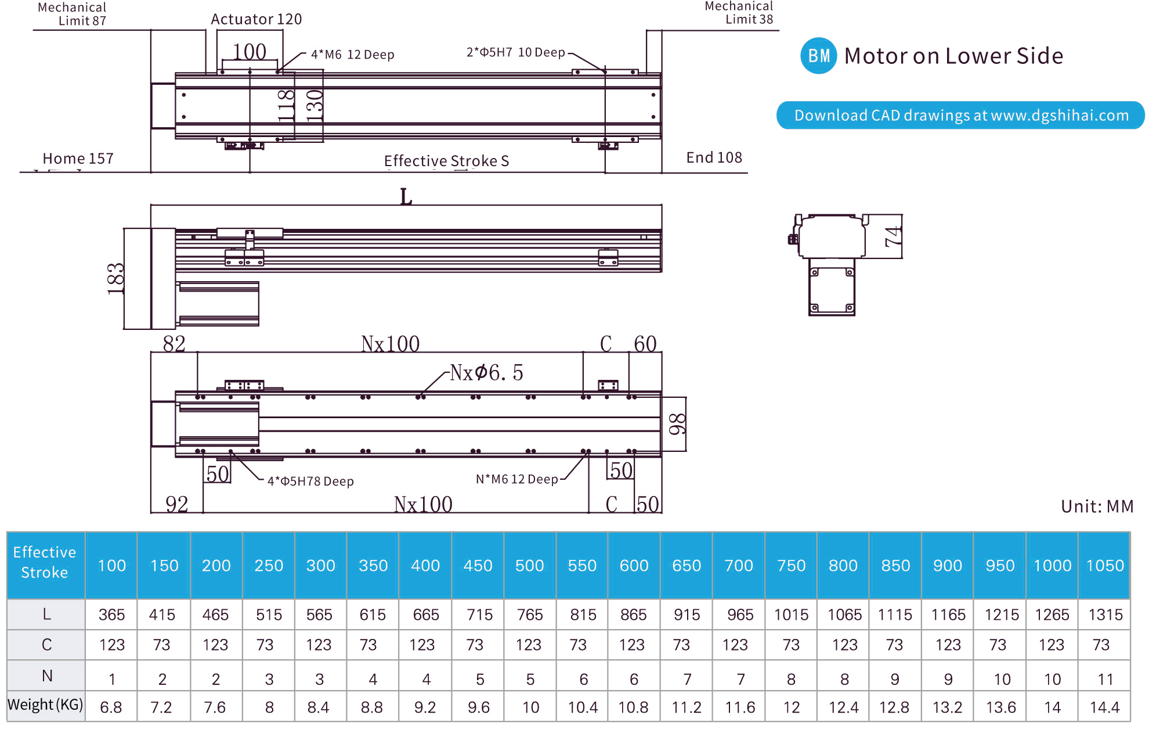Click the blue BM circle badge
(x=818, y=56)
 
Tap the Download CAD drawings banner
(x=960, y=115)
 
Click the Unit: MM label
(x=1097, y=506)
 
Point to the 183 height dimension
(x=116, y=279)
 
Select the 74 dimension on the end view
(x=893, y=236)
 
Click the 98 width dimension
(x=677, y=424)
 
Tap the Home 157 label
(x=78, y=159)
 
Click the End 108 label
(x=714, y=157)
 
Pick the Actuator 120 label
(x=256, y=19)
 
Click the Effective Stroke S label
(x=446, y=161)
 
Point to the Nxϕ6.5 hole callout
(x=486, y=372)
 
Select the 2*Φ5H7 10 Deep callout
(x=515, y=52)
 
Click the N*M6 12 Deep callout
(x=516, y=479)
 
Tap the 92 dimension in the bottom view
(x=176, y=504)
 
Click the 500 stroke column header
(x=530, y=565)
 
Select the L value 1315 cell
(x=1105, y=615)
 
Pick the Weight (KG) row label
(x=45, y=705)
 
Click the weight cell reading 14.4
(x=1104, y=707)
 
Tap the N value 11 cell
(x=1105, y=678)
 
